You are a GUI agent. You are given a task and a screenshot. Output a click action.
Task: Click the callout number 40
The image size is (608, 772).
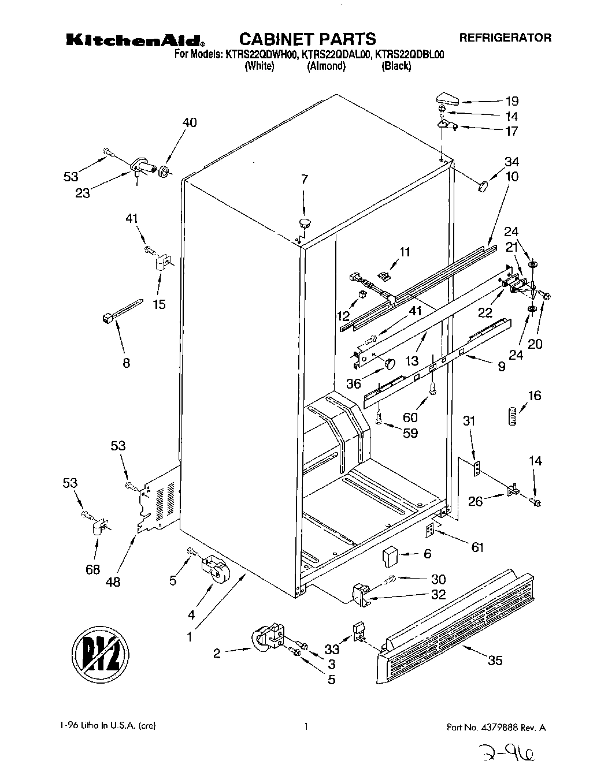coord(190,122)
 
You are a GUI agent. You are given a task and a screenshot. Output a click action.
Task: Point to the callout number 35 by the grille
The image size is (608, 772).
coord(495,661)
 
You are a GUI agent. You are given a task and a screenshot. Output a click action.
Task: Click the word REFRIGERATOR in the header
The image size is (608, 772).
coord(505,38)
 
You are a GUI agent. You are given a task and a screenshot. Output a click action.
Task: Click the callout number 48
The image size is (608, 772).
coord(113,581)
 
